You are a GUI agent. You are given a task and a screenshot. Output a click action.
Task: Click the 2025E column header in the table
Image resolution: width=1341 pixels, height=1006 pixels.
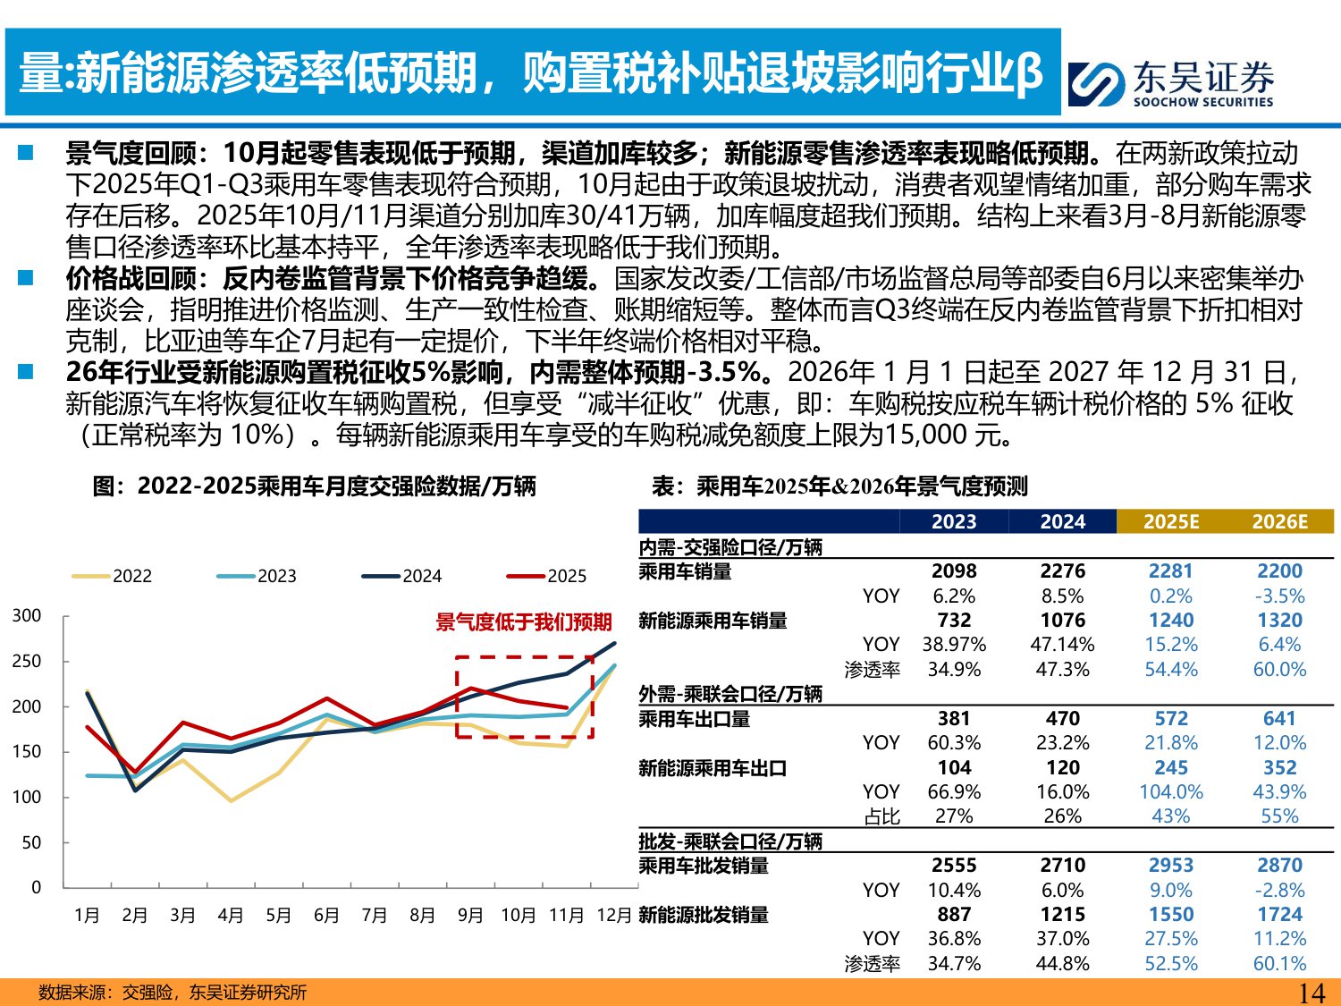click(x=1171, y=521)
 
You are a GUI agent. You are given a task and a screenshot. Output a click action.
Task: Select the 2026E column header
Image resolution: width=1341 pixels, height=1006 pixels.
click(x=1279, y=521)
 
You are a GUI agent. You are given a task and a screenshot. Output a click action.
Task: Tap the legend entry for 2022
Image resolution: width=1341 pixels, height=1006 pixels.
click(x=113, y=576)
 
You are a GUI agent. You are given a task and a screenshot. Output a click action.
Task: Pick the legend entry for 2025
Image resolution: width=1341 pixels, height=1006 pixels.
click(x=547, y=576)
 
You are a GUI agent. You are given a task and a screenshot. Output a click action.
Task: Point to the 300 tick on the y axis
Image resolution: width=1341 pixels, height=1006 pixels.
click(x=27, y=615)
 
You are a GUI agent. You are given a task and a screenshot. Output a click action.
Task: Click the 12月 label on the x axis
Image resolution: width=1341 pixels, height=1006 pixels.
click(x=613, y=915)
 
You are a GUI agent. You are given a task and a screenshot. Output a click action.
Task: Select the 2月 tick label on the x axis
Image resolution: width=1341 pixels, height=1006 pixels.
click(x=135, y=915)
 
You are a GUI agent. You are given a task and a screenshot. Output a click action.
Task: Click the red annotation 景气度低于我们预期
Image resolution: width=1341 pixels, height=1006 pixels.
click(x=523, y=622)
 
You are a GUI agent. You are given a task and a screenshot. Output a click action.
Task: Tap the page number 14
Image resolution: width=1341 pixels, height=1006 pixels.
click(x=1311, y=993)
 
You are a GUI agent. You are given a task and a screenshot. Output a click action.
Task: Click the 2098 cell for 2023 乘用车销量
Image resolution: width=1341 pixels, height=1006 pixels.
click(x=954, y=571)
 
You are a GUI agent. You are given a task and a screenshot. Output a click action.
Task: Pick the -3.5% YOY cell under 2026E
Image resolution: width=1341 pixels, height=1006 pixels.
click(x=1279, y=596)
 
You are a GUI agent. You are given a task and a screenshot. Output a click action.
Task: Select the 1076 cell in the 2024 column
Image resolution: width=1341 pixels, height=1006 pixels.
click(x=1062, y=621)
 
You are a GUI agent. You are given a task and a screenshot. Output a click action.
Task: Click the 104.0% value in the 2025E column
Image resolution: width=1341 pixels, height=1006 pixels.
click(x=1171, y=792)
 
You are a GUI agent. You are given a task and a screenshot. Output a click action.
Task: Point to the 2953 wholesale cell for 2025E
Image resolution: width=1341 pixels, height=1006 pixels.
click(x=1171, y=866)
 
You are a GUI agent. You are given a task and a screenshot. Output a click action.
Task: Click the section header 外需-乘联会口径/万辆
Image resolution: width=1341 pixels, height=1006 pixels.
click(x=730, y=694)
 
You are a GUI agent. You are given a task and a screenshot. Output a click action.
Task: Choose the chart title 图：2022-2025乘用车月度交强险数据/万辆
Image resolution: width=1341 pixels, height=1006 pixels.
click(x=314, y=486)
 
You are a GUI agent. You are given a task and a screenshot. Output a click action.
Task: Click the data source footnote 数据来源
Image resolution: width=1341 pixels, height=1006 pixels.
click(x=172, y=993)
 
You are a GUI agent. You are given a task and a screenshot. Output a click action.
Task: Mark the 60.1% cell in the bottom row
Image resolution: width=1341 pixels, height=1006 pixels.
click(x=1279, y=964)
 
